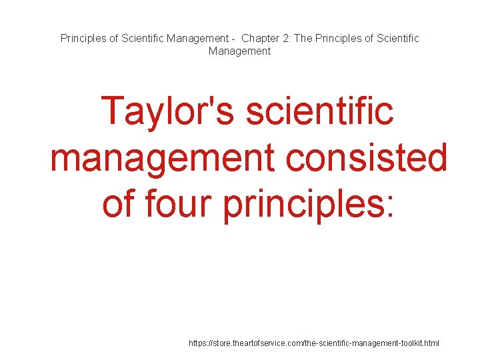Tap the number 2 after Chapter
point(289,38)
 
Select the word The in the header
point(303,38)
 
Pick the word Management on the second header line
point(239,51)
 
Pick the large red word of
point(118,205)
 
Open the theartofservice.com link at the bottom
point(314,343)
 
